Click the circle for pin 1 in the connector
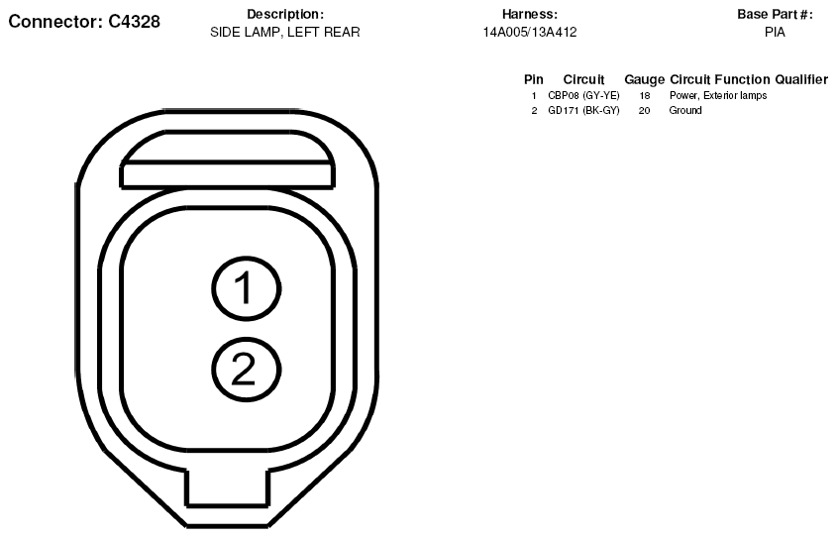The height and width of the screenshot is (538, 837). tap(246, 288)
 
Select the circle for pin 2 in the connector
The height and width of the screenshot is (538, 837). tap(246, 370)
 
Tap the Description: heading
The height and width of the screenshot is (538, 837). tap(285, 15)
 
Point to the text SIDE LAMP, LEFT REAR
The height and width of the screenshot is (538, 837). tap(285, 33)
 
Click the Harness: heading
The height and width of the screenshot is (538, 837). tap(530, 15)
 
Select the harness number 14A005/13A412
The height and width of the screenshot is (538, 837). tap(530, 33)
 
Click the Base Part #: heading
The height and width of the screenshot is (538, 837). tap(775, 15)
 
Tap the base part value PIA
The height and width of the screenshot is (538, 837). tap(775, 33)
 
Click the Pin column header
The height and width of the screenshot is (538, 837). tap(534, 79)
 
